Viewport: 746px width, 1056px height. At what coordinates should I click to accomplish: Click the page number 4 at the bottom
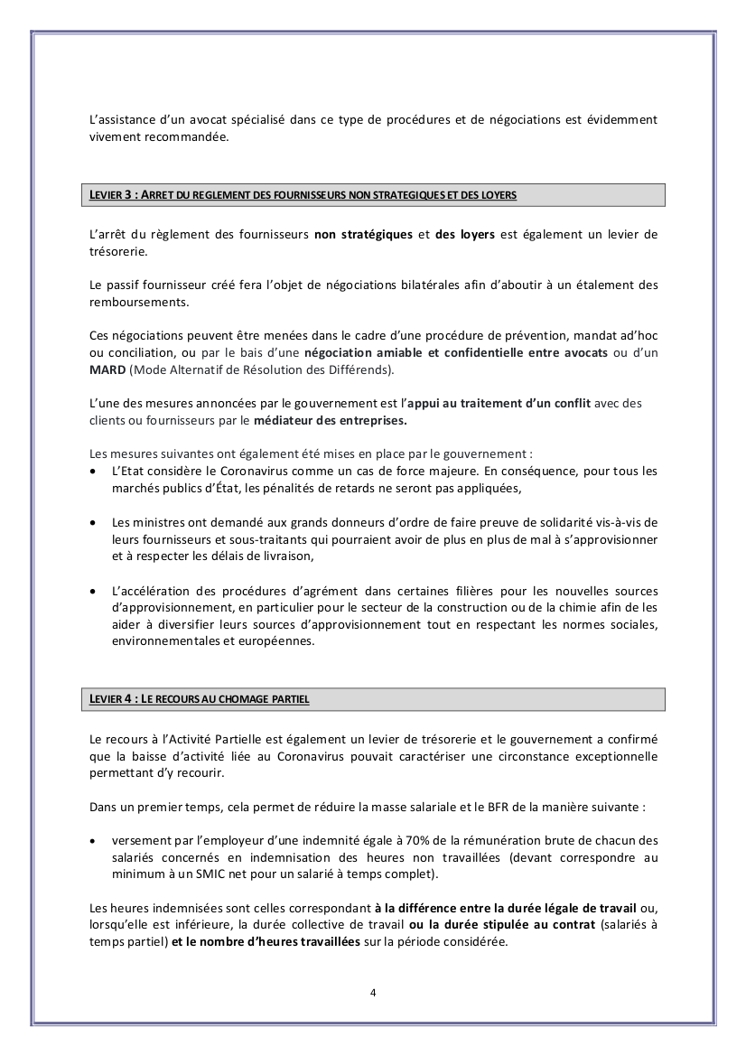coord(373,992)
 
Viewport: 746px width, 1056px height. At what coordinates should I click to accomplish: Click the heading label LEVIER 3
coord(113,195)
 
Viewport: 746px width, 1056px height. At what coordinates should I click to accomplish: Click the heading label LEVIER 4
coord(113,699)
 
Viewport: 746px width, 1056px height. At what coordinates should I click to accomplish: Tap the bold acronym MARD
coord(107,369)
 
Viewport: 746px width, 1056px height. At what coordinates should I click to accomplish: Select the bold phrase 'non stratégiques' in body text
coord(362,235)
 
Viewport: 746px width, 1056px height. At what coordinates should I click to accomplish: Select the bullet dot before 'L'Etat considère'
coord(95,472)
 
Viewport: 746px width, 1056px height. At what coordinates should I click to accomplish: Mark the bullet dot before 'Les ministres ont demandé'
coord(95,523)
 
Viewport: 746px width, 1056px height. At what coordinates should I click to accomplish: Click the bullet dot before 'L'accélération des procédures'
coord(95,592)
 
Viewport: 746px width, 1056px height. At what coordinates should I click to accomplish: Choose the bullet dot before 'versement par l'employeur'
coord(95,840)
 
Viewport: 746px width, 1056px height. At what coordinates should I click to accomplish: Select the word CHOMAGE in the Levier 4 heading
coord(240,699)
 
